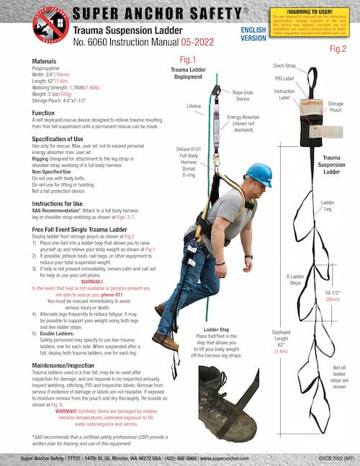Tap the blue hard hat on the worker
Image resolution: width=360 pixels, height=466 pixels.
(258, 174)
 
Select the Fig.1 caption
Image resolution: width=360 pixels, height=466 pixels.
(188, 59)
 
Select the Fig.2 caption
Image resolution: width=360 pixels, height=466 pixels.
(338, 49)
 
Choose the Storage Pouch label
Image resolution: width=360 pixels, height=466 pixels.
(336, 108)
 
